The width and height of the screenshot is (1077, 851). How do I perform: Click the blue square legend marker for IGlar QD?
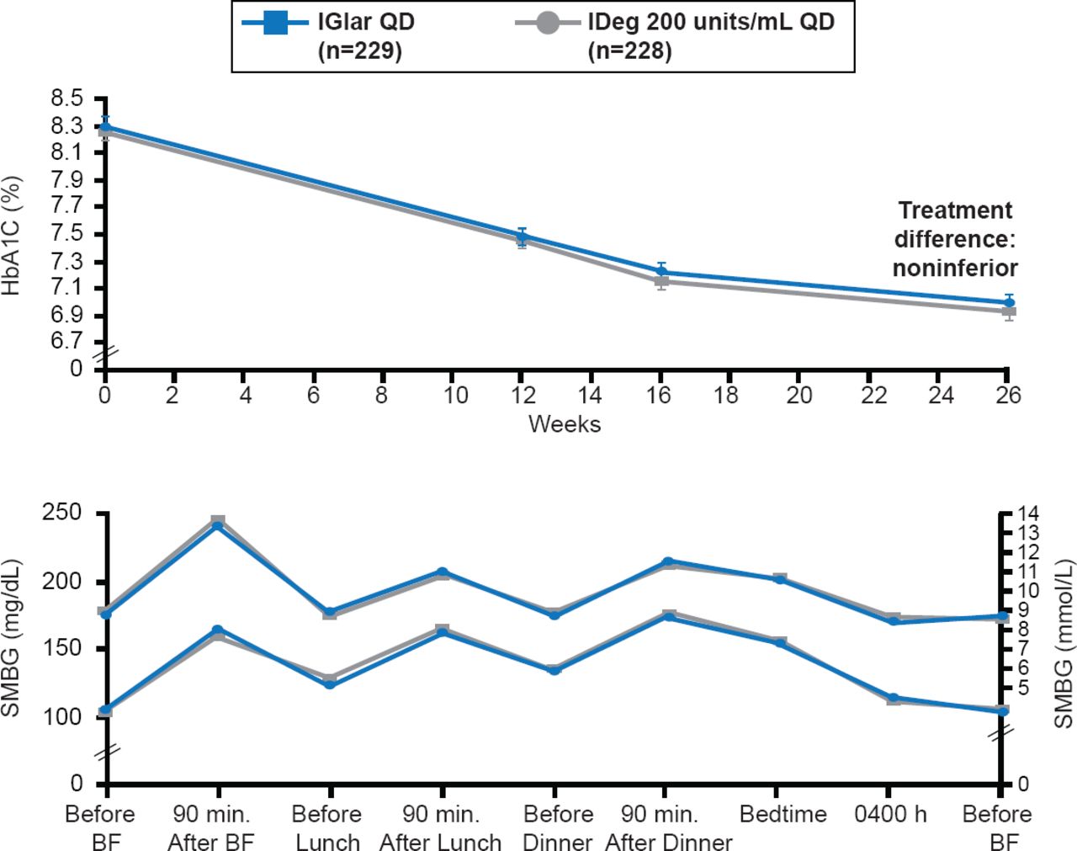pos(274,23)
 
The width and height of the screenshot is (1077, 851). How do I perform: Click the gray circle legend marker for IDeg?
pos(548,23)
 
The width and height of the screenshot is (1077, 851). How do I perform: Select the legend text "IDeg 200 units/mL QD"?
pos(711,22)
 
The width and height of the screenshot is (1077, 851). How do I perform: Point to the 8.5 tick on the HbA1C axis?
pos(66,99)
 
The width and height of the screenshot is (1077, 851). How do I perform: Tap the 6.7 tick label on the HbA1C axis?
pos(66,341)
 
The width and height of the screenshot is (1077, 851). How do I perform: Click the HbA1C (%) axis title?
pos(13,235)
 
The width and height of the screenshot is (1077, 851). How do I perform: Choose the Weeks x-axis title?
pos(564,423)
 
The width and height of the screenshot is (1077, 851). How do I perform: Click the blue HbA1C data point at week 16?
pos(661,272)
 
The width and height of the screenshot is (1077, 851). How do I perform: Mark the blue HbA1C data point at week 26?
pos(1009,302)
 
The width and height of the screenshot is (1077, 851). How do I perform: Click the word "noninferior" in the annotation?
pos(955,268)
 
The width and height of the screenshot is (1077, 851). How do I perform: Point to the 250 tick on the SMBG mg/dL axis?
pos(65,513)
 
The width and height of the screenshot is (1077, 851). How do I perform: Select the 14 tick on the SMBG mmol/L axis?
pos(1029,513)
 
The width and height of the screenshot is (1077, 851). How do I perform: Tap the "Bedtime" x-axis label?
pos(783,814)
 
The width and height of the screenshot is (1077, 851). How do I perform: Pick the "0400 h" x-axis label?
pos(890,814)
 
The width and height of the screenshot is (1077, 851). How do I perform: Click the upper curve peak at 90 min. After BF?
pos(218,524)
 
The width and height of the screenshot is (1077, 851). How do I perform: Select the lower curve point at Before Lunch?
pos(330,683)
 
